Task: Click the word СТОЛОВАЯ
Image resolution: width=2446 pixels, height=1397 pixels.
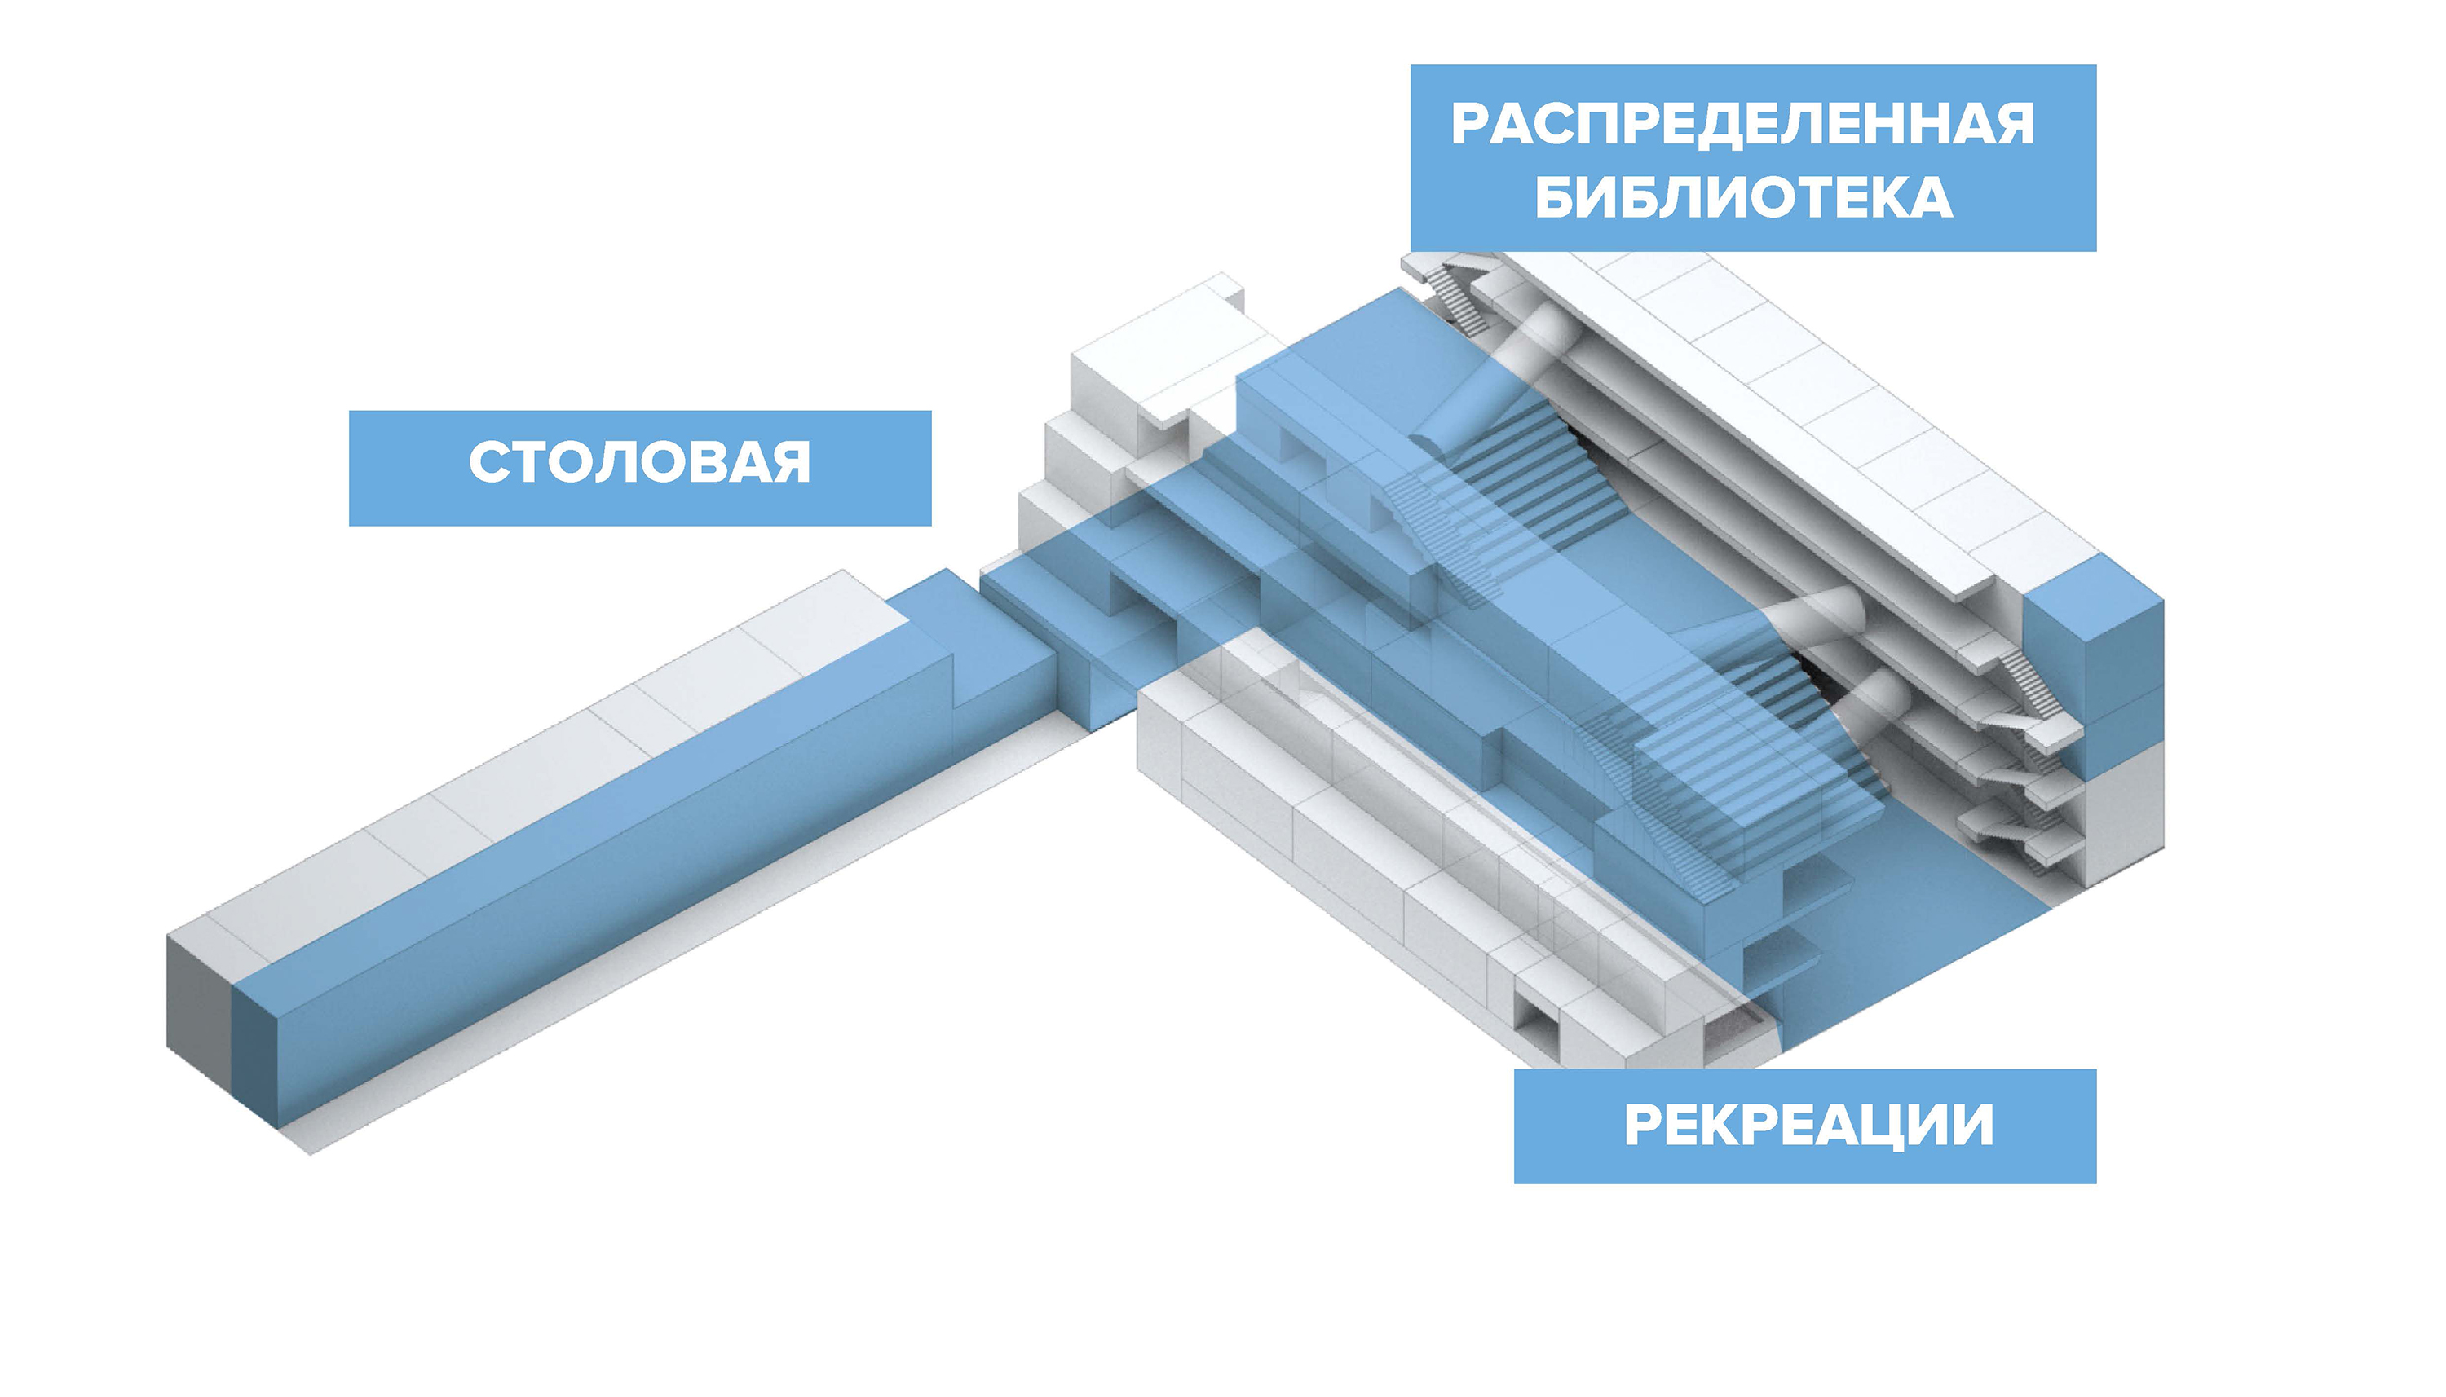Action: pos(639,462)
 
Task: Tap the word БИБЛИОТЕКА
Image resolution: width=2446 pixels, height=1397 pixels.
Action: pos(1743,198)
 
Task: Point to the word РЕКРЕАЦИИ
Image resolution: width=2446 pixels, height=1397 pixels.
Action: pos(1808,1125)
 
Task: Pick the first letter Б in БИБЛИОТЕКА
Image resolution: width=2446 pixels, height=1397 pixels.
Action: pos(1555,198)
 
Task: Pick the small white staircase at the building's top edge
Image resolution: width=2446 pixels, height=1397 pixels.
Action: pos(1444,288)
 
